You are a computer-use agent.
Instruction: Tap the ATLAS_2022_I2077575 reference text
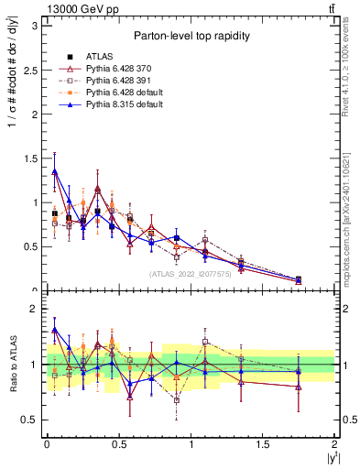(x=190, y=273)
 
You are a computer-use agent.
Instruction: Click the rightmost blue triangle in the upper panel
(x=299, y=279)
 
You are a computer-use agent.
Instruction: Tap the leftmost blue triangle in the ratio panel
(x=55, y=330)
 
